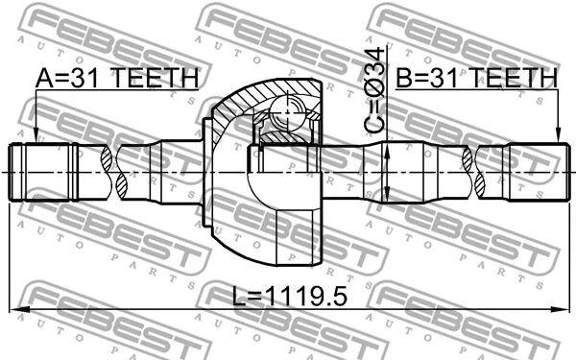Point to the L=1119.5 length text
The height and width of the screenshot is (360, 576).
tap(288, 297)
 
